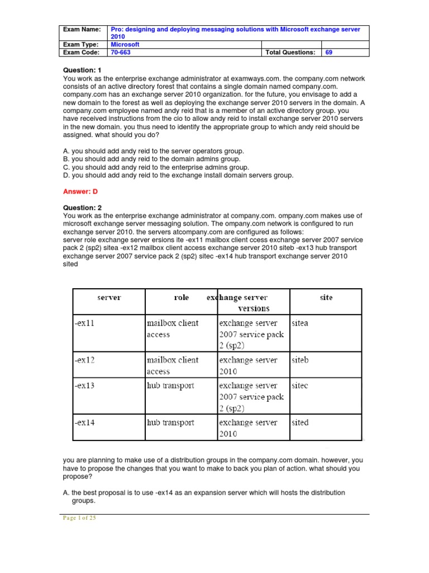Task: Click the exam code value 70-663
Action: pos(117,52)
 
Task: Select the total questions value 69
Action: pos(329,52)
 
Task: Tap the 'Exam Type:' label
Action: pos(80,44)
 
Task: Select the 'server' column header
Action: pos(108,298)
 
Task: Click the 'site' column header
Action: pos(326,298)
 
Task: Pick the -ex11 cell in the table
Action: pos(84,323)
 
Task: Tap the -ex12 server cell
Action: pos(84,360)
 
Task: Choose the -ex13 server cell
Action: pos(84,386)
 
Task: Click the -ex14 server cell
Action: pos(84,422)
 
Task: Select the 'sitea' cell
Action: pos(301,323)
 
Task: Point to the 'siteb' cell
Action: pos(301,360)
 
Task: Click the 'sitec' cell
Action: pos(300,386)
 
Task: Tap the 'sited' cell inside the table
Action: pos(301,422)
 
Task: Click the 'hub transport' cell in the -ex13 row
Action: pos(170,386)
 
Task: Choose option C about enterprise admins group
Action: pos(156,167)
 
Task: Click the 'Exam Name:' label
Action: pos(82,29)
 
